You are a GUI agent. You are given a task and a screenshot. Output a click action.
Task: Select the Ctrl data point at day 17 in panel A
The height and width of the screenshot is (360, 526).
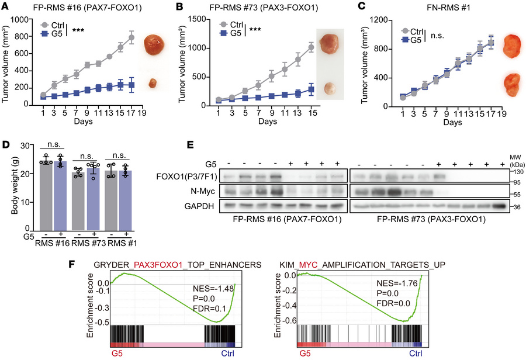tap(131, 38)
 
